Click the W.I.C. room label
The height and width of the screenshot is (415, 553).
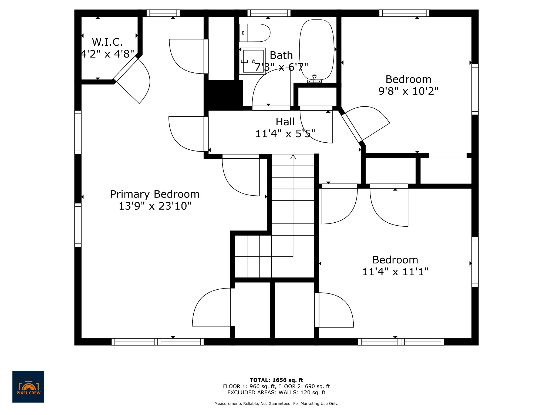pos(107,42)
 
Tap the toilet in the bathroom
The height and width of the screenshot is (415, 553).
pos(255,33)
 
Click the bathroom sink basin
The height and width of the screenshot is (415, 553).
pos(253,61)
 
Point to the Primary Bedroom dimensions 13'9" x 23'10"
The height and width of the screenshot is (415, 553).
pos(155,206)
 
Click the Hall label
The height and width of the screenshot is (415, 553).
pos(285,122)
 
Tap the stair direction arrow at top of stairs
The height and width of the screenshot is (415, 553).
pos(293,157)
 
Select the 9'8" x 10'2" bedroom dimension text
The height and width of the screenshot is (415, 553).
pos(408,91)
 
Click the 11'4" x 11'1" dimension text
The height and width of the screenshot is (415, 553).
pos(395,272)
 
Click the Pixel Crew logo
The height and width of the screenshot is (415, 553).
pos(28,386)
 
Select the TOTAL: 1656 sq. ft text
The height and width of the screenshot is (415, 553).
pos(276,380)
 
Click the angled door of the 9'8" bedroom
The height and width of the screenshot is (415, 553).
pos(352,128)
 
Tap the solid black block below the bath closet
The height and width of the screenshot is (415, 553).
pos(224,95)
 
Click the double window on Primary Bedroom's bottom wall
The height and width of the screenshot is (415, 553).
pos(158,342)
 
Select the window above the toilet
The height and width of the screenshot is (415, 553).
pos(269,13)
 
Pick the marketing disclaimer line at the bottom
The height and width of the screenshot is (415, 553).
pos(276,404)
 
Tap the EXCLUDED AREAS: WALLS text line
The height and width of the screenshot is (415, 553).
pos(276,393)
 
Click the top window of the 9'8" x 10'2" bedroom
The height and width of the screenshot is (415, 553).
pos(404,13)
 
